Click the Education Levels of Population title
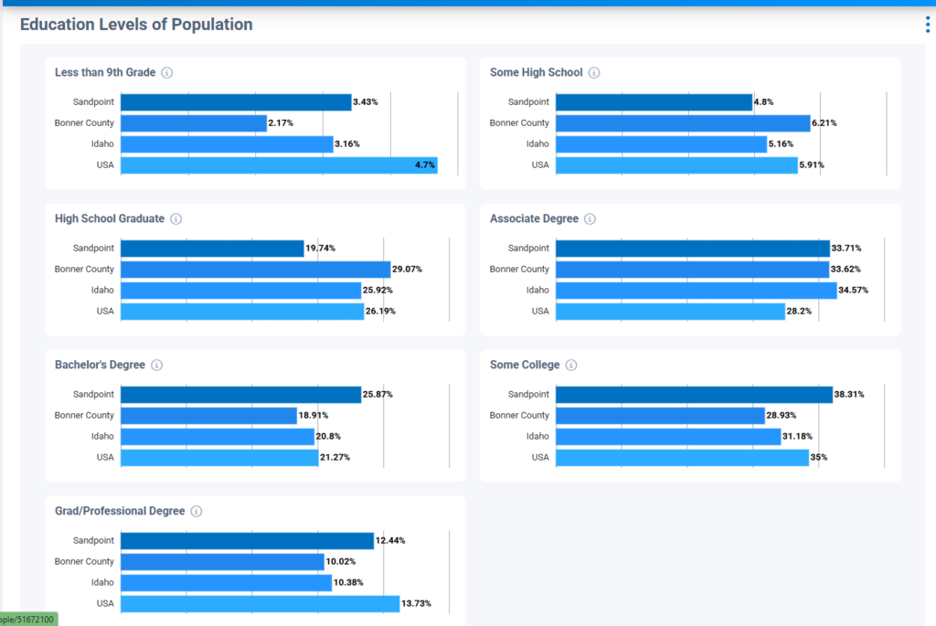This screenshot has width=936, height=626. coord(136,25)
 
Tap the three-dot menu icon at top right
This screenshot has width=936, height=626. coord(927,25)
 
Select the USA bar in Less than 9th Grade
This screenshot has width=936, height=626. coord(279,165)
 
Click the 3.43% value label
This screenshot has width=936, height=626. coord(366,102)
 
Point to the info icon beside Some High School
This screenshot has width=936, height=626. coord(594,73)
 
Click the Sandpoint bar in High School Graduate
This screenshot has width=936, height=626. coord(212,249)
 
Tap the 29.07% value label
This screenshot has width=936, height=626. coord(407,270)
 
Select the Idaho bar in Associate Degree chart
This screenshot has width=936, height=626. coord(696,291)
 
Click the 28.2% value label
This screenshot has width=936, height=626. coord(798,312)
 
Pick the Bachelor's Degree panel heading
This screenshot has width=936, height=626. coord(100,366)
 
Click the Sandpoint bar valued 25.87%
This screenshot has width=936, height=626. coord(240,395)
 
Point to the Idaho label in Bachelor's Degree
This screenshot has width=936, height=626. coord(102,437)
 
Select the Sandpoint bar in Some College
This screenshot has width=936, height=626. coord(694,395)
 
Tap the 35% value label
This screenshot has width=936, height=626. coord(820,458)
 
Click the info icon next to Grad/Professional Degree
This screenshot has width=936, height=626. coord(197,512)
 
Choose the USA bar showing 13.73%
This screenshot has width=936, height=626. coord(260,604)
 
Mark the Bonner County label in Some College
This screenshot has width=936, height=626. coord(519,416)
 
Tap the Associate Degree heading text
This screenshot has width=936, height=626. coord(534,219)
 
